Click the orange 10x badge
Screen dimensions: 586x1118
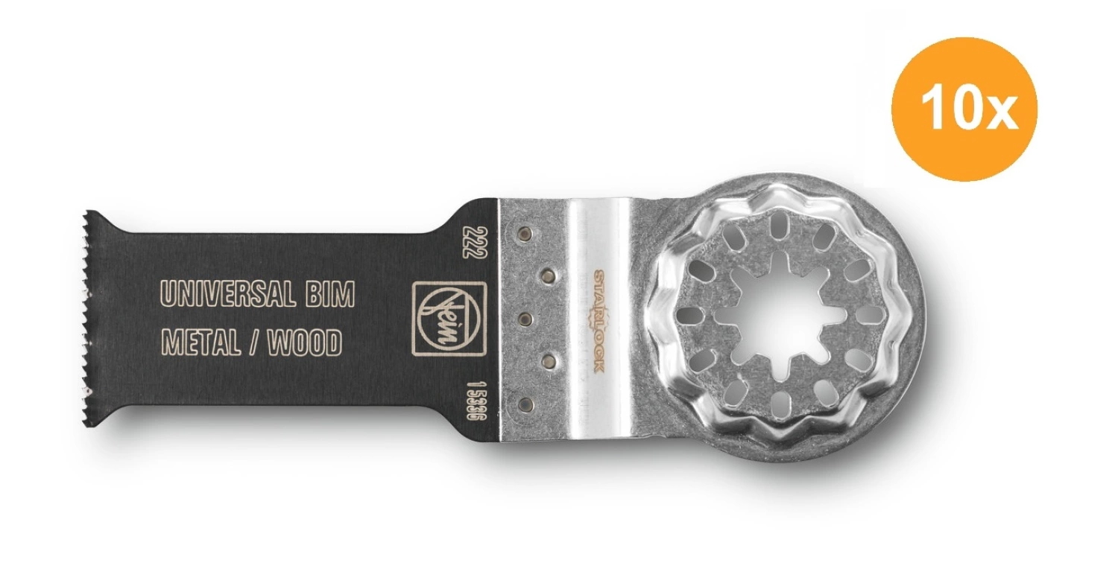coord(964,109)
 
